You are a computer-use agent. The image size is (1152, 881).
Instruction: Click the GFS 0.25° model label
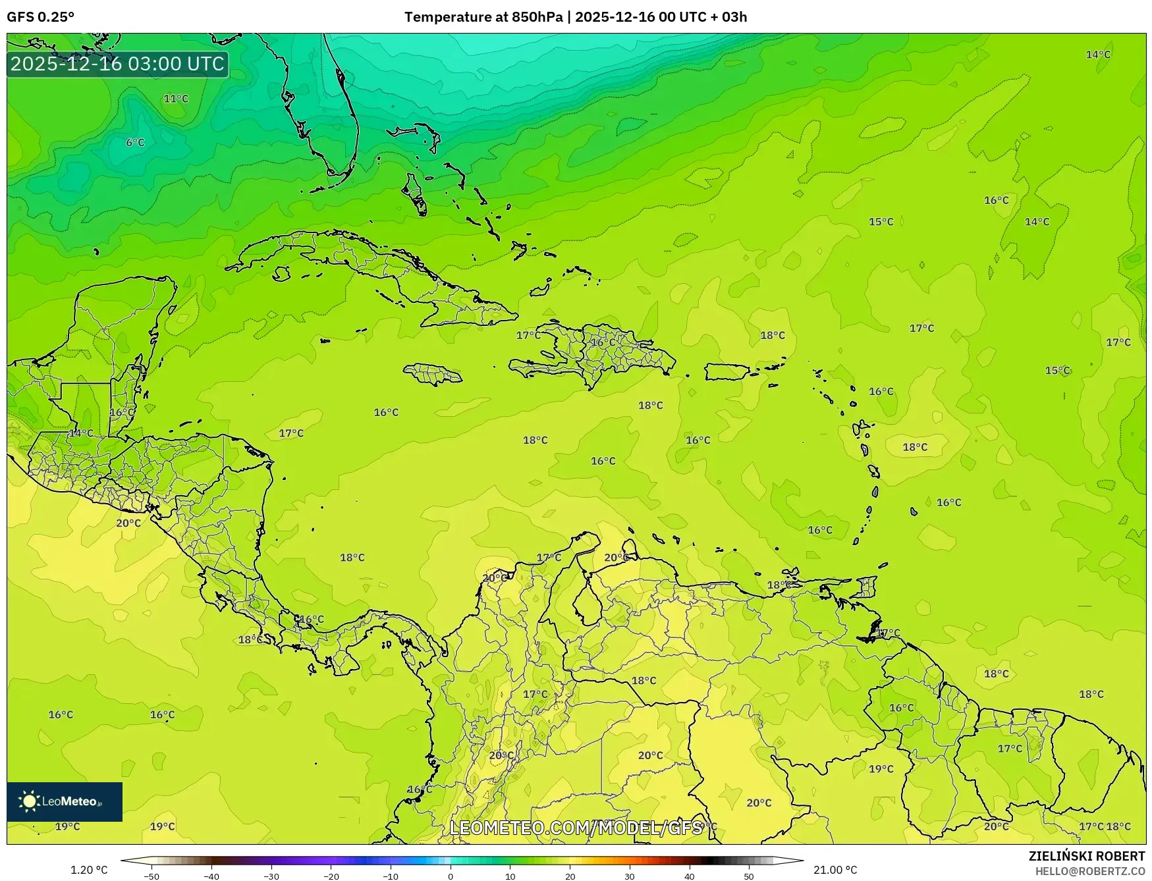coord(41,17)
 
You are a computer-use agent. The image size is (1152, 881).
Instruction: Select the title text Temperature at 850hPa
coord(483,17)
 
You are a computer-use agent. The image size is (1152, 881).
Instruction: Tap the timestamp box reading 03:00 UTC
coord(118,64)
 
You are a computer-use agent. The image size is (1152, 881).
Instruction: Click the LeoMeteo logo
coord(64,801)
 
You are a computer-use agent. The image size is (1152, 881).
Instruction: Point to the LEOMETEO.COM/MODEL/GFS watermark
coord(576,828)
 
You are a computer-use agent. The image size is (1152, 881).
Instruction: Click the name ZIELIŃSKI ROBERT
coord(1086,856)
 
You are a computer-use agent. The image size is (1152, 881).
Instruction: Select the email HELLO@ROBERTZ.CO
coord(1089,871)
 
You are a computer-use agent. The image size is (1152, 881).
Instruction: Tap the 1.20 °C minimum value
coord(89,870)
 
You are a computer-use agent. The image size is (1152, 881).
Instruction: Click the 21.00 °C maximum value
coord(835,870)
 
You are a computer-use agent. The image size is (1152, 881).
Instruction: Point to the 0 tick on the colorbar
coord(451,876)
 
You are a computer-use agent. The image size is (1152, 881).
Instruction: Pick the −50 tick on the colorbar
coord(151,876)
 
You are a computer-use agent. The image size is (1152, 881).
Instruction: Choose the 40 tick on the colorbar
coord(690,876)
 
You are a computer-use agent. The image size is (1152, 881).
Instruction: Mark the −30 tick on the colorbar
coord(271,876)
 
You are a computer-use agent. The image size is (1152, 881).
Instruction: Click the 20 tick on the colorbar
coord(570,876)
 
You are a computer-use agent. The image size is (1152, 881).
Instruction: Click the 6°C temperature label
coord(135,142)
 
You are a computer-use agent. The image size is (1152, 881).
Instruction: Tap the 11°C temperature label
coord(176,99)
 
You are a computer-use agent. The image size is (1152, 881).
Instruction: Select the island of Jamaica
coord(433,375)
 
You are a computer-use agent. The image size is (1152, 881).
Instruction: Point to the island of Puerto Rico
coord(727,371)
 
